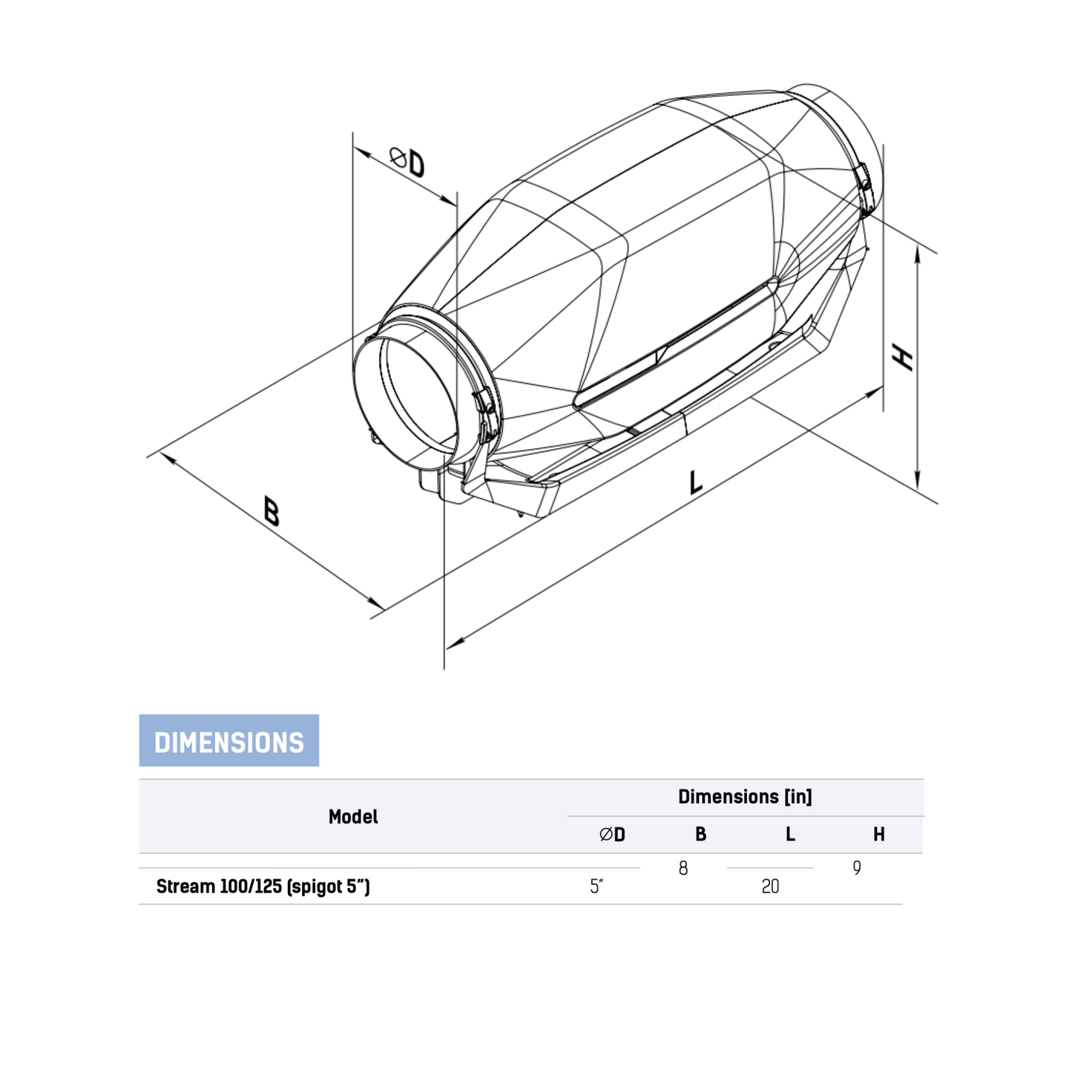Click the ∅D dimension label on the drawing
tap(407, 162)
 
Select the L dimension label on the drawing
tap(695, 482)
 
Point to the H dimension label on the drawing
tap(903, 357)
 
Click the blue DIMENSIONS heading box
tap(228, 740)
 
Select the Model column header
tap(353, 817)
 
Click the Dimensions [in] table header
tap(745, 797)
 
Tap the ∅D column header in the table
tap(612, 835)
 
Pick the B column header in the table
tap(700, 835)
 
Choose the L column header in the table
tap(790, 835)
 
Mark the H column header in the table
tap(878, 835)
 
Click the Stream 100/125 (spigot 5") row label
tap(263, 887)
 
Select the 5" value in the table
tap(596, 887)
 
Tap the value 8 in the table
tap(683, 868)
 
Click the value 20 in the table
tap(770, 887)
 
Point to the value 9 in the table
tap(857, 868)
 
